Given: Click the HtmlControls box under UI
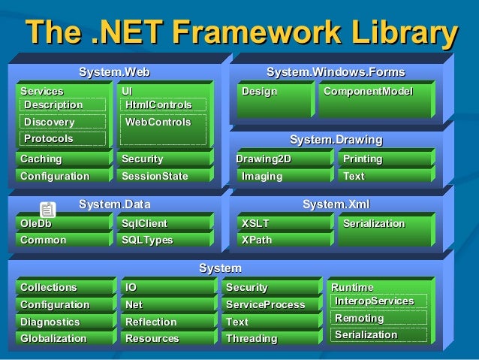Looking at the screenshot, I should point(158,104).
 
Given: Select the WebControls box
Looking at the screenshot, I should point(158,122).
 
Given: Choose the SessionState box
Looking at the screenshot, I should point(165,177).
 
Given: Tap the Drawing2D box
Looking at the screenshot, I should point(282,159).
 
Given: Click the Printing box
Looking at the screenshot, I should point(384,159).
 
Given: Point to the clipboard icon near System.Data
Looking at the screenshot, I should point(47,210).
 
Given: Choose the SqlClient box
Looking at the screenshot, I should point(165,223).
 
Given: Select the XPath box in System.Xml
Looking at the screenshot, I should point(282,241).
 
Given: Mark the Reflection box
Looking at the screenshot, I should point(165,322).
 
